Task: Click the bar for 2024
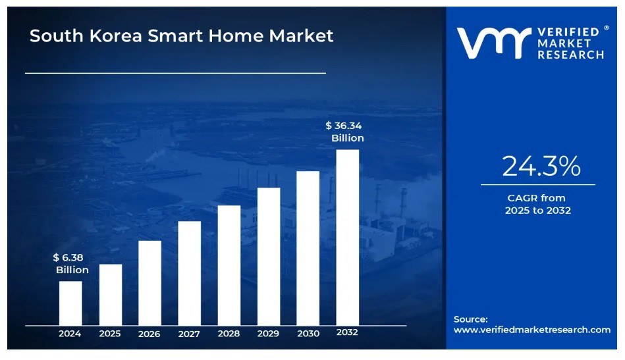(70, 303)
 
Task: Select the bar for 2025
(110, 294)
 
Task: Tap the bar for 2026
(149, 282)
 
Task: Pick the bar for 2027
(189, 272)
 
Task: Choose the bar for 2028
(229, 265)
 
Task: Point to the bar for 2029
(269, 256)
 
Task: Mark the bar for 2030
(308, 247)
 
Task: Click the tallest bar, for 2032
(348, 237)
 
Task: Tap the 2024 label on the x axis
(70, 334)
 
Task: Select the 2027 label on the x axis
(189, 334)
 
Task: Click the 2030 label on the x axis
(308, 334)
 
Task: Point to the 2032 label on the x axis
(347, 332)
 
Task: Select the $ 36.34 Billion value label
(344, 132)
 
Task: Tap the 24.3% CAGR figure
(541, 167)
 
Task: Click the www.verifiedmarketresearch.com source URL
(531, 330)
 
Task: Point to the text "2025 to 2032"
(537, 211)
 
